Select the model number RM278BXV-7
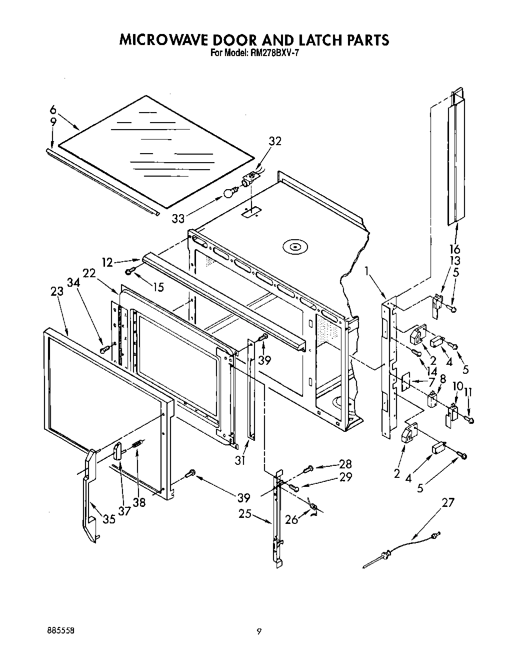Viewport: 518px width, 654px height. tap(272, 53)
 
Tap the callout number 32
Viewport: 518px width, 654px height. tap(274, 141)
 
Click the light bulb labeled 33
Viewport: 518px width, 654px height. tap(230, 191)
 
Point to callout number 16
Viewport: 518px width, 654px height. tap(454, 249)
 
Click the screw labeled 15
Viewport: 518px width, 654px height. tap(130, 271)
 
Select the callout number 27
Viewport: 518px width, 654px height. tap(448, 502)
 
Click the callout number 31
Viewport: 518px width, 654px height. tap(240, 460)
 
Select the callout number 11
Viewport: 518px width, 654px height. tap(468, 392)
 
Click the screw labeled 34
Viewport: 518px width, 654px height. tap(104, 348)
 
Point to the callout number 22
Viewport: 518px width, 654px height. tap(89, 273)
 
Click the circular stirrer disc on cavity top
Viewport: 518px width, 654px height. tap(293, 247)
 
